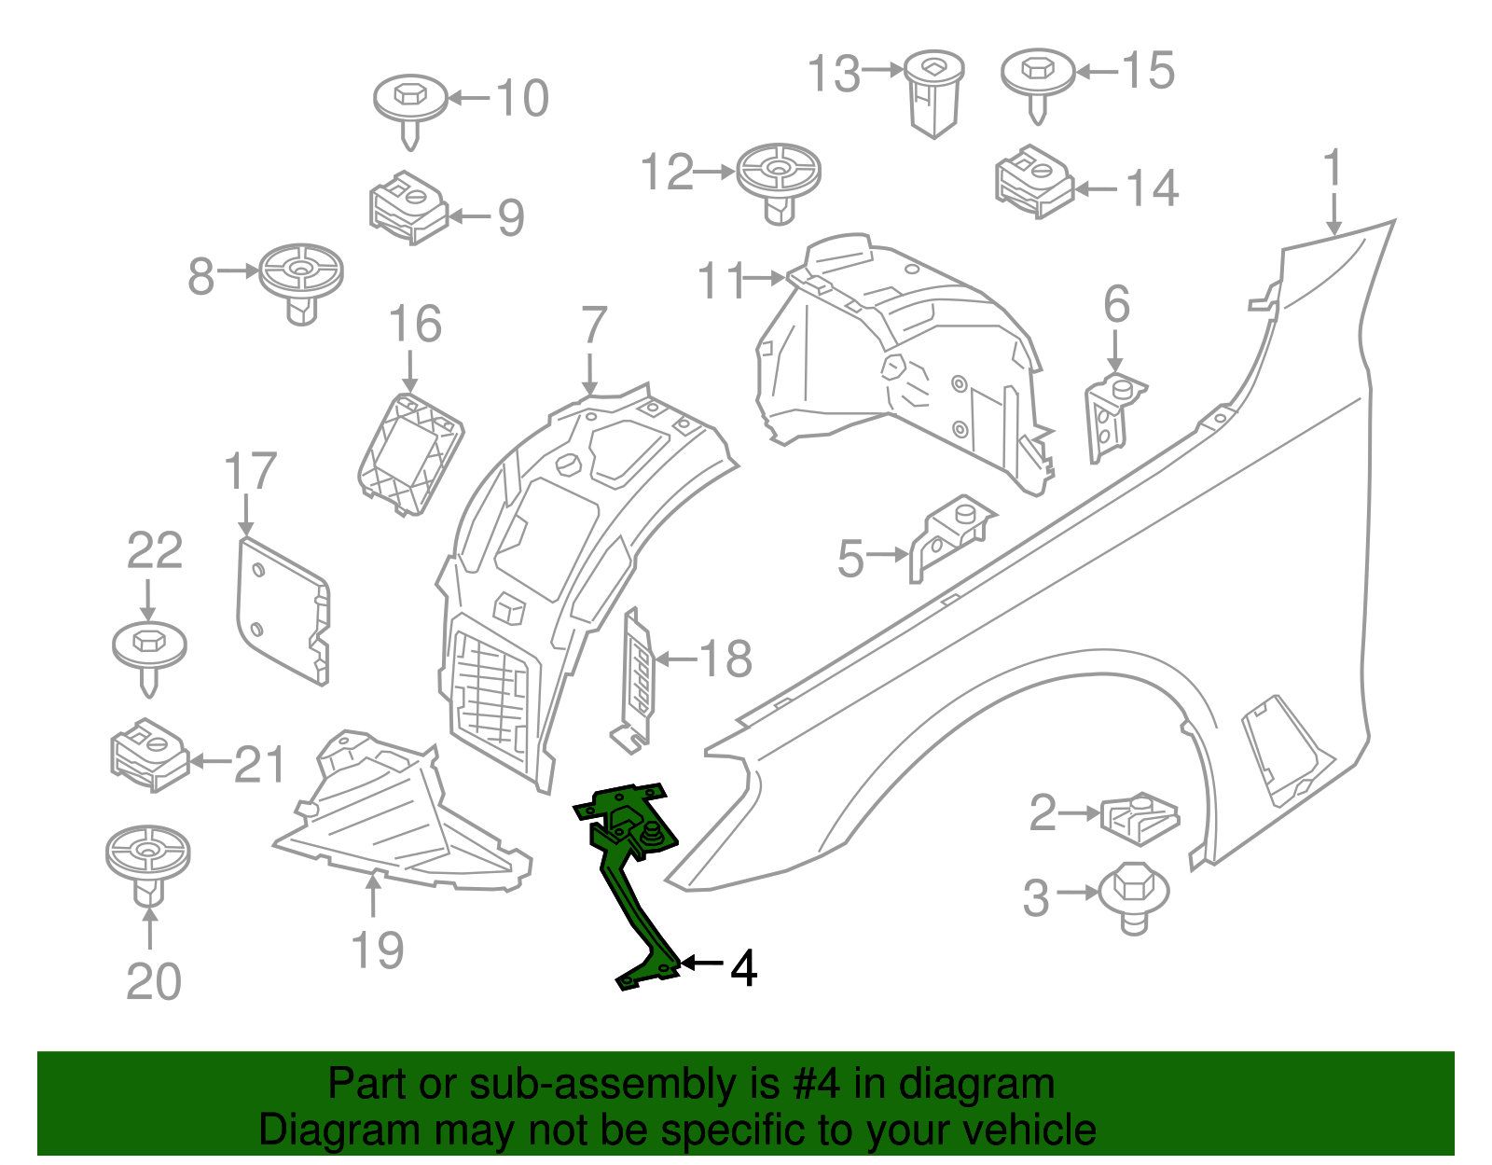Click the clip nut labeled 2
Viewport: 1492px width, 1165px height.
(1140, 816)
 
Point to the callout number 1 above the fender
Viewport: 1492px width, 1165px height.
(1333, 168)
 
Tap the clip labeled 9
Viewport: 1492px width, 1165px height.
(408, 207)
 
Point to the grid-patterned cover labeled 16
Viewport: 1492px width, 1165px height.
(410, 453)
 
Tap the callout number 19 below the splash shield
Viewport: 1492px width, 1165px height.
(377, 951)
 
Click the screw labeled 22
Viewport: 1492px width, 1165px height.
(149, 653)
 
